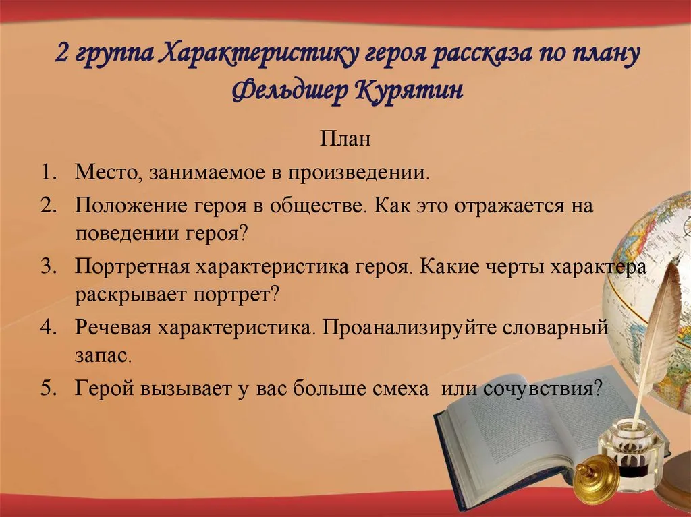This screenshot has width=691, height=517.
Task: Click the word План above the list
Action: coord(345,139)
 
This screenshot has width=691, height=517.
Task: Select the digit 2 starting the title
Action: coord(63,54)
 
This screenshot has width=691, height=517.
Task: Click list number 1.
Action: coord(49,172)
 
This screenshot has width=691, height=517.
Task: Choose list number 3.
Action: coord(49,266)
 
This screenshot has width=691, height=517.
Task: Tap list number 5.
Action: coord(49,388)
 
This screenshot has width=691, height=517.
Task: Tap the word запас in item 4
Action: coord(103,356)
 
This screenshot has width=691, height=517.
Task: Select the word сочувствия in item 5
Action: coord(542,389)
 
